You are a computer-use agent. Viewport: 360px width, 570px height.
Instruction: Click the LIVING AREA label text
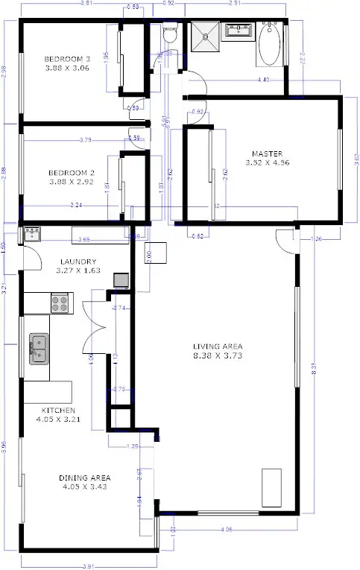coord(218,346)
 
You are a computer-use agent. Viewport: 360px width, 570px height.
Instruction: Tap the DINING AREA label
coord(86,477)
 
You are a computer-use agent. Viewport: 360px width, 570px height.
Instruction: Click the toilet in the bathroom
coord(169,34)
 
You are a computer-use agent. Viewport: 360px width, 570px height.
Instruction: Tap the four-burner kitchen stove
coord(60,303)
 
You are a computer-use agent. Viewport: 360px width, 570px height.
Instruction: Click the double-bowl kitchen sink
coord(39,349)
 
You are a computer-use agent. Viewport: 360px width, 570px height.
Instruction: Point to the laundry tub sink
coord(31,235)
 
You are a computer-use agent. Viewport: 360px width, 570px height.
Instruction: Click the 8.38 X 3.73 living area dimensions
coord(218,356)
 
